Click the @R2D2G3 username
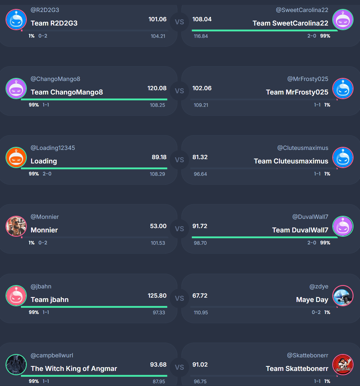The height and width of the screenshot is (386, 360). [45, 10]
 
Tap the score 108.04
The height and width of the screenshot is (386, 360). [202, 19]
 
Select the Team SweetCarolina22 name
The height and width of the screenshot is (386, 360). [290, 23]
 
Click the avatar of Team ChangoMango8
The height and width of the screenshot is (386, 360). [16, 88]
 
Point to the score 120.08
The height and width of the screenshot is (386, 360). [157, 88]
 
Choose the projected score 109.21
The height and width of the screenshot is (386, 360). [201, 105]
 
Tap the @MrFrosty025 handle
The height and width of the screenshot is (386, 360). [308, 79]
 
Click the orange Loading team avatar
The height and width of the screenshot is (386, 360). [16, 157]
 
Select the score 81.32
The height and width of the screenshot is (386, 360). [200, 157]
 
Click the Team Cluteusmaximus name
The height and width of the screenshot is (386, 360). [291, 161]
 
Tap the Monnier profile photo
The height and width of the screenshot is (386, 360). [16, 226]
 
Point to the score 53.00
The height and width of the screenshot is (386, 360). [158, 226]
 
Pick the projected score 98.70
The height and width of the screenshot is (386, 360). [200, 243]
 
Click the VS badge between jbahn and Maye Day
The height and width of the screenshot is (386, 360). [179, 298]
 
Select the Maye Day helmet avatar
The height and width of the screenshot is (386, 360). [343, 296]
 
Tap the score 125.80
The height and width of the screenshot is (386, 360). [157, 296]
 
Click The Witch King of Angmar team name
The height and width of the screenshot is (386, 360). [74, 368]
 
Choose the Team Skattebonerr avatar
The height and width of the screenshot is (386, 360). [343, 365]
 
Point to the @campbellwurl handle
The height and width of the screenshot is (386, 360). [52, 356]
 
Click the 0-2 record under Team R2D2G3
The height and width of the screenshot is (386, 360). [43, 36]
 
